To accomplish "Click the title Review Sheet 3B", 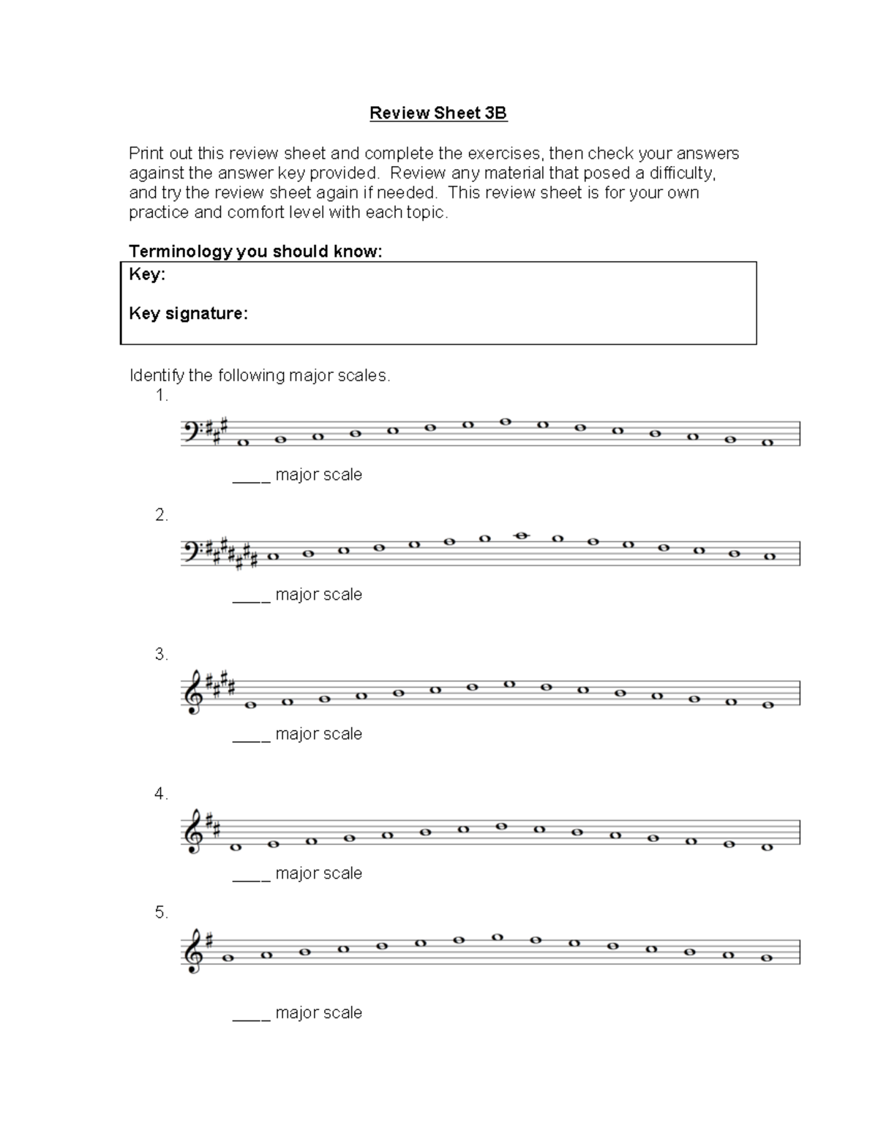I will (438, 113).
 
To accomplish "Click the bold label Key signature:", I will (188, 314).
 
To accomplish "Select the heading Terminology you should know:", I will (255, 252).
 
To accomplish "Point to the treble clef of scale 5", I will (192, 950).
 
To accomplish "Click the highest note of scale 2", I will (521, 535).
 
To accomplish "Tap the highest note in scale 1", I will (505, 421).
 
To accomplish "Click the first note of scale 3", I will (250, 705).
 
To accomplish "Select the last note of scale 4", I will (767, 847).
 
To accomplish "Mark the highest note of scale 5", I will (498, 937).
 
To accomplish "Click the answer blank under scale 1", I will (251, 480).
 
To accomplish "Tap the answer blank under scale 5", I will (251, 1018).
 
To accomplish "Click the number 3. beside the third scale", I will (162, 655).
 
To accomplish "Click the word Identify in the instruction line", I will (156, 376).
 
